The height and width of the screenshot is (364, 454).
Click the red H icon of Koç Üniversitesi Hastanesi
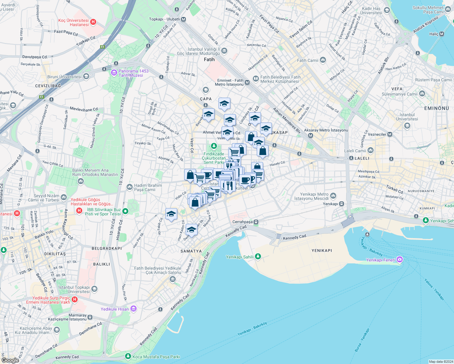point(93,22)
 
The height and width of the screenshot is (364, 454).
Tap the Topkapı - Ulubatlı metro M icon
point(183,19)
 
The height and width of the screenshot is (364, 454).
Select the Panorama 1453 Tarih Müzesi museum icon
point(114,72)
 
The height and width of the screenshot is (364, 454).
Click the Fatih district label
point(209,59)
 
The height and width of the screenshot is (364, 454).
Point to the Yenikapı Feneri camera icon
point(400,259)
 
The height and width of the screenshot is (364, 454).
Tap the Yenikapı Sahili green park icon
point(258,257)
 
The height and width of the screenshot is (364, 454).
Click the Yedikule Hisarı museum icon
point(134,309)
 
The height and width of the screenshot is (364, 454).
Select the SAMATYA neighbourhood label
point(191,251)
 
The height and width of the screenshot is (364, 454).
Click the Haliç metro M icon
point(442,34)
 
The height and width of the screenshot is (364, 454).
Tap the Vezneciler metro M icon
point(390,134)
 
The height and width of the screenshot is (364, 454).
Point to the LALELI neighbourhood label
point(362,158)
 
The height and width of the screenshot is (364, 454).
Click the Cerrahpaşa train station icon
point(256,222)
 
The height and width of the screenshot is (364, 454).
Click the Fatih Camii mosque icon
point(323,60)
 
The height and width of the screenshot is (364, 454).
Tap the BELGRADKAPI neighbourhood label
point(107,248)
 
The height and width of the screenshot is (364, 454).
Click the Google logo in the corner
point(10,360)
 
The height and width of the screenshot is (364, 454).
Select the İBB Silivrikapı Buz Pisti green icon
point(125,211)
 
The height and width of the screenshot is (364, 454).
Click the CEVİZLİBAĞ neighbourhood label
point(48,86)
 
